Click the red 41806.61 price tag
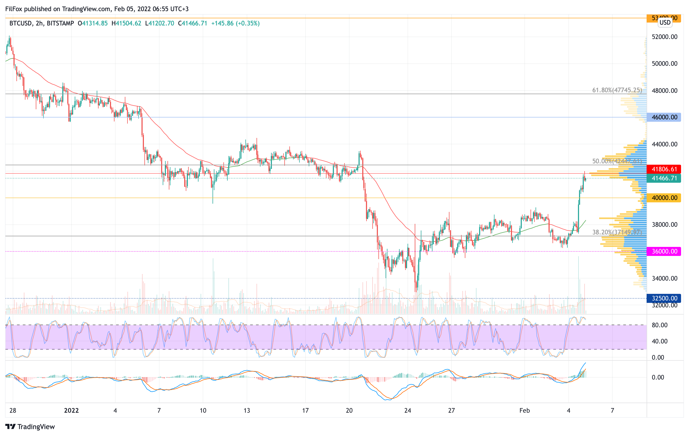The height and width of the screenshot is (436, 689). coord(664,169)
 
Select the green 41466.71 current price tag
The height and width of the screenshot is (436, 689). coord(664,178)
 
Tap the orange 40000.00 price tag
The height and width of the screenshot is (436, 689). coord(664,198)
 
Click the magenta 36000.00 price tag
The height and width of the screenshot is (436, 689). coord(664,251)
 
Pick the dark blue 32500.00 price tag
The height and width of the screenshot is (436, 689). coord(664,298)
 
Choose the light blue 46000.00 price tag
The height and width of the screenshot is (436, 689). coord(664,117)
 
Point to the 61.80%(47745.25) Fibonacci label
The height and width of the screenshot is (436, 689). coord(617,90)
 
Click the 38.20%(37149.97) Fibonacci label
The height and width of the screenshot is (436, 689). coord(617,232)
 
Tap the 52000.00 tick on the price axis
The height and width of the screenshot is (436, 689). coord(664,37)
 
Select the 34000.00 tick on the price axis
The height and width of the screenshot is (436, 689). coord(664,278)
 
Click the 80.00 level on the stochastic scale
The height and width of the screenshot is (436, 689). coord(660,325)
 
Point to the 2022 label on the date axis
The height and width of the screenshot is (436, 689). coord(71,411)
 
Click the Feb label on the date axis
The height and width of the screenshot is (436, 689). coord(524,411)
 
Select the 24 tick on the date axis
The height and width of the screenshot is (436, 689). coord(408,411)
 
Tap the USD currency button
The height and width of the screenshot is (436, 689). coord(665,22)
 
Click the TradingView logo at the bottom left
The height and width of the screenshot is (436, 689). coord(30,426)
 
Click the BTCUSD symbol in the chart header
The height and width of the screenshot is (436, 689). coord(20,23)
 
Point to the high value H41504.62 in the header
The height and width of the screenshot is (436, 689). coord(126,23)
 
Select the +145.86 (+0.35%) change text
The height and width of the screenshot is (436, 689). coord(235,23)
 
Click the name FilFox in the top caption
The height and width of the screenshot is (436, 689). coord(14,9)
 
